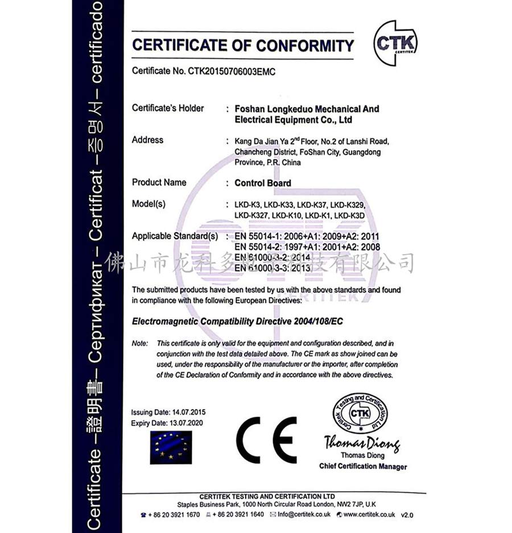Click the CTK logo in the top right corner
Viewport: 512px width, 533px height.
pyautogui.click(x=395, y=42)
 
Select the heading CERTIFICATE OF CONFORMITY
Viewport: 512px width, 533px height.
pyautogui.click(x=243, y=45)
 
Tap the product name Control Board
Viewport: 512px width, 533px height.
pyautogui.click(x=263, y=183)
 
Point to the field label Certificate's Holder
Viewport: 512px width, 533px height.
pyautogui.click(x=168, y=109)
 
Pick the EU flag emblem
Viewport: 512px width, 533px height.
pyautogui.click(x=171, y=447)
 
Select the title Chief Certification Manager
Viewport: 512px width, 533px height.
pyautogui.click(x=363, y=467)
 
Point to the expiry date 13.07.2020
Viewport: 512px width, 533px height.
pyautogui.click(x=185, y=423)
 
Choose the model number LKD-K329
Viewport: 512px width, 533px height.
pyautogui.click(x=347, y=205)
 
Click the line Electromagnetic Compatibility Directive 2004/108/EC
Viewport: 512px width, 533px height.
pyautogui.click(x=238, y=322)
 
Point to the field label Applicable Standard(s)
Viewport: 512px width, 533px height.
pyautogui.click(x=175, y=235)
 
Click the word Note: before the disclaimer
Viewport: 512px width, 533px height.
pyautogui.click(x=139, y=344)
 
